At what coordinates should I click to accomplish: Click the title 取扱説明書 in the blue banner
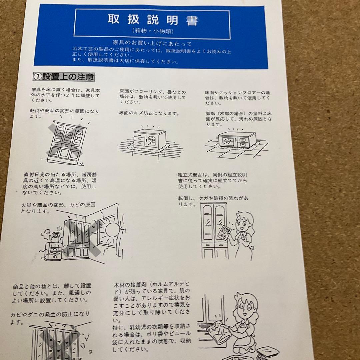pyautogui.click(x=152, y=20)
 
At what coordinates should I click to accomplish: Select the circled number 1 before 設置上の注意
pyautogui.click(x=37, y=77)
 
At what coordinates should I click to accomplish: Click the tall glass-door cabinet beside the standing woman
pyautogui.click(x=213, y=230)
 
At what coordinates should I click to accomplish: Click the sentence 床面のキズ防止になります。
pyautogui.click(x=149, y=113)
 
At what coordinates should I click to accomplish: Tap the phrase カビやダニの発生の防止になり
pyautogui.click(x=50, y=314)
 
